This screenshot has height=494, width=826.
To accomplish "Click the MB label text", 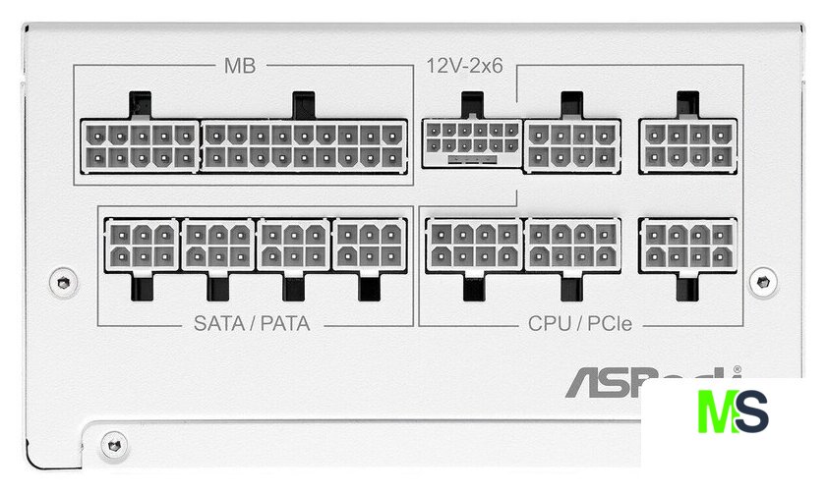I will point(239,66).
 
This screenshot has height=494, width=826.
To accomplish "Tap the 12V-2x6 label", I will point(465,66).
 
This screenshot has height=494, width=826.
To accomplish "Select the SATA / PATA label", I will point(252,322).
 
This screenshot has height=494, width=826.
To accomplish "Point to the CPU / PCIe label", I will point(580,322).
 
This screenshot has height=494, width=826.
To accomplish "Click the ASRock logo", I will point(649,381).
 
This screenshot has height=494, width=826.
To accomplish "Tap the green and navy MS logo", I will point(733,412).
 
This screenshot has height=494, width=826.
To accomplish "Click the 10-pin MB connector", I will point(140,144).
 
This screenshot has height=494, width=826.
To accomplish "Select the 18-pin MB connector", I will point(304,144).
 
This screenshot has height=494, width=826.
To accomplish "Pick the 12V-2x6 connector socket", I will point(471,142).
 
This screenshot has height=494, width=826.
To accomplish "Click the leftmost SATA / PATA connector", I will point(141,245).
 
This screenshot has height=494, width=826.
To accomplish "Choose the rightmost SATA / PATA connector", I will point(370,245).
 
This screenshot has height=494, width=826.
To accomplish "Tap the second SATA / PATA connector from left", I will point(217,245).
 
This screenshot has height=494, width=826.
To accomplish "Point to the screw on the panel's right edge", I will point(762,282).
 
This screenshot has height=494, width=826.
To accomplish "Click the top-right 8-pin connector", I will point(687,144).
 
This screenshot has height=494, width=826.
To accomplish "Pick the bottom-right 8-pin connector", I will point(687,245).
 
